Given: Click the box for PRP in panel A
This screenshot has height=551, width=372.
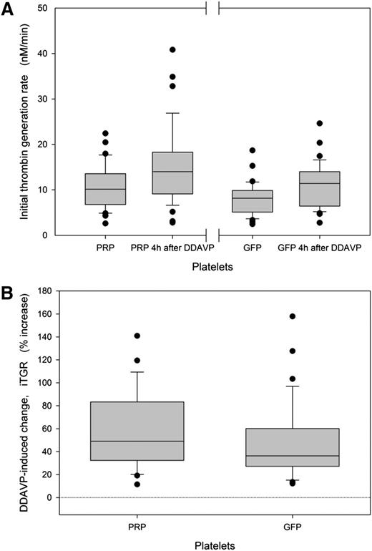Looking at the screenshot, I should pos(105,189).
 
